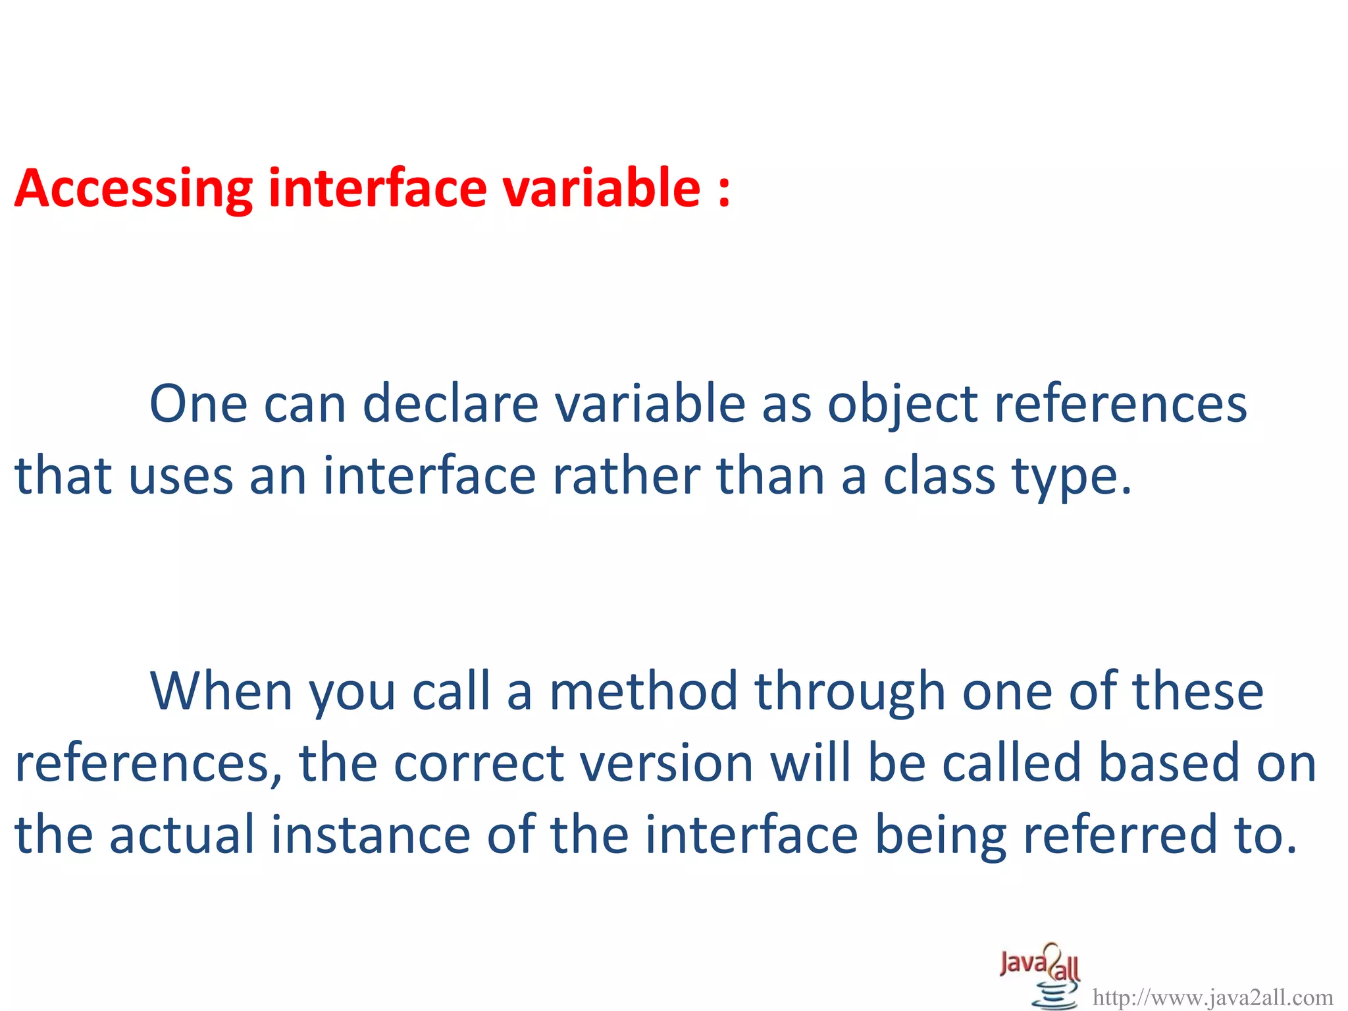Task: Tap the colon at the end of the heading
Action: coord(724,191)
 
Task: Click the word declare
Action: coord(451,403)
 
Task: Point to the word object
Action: coord(902,405)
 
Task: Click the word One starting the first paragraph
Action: coord(198,403)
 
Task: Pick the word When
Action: coord(221,691)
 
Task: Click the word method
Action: coord(643,691)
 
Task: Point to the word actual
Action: coord(182,835)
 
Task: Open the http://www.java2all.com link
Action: coord(1212,998)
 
